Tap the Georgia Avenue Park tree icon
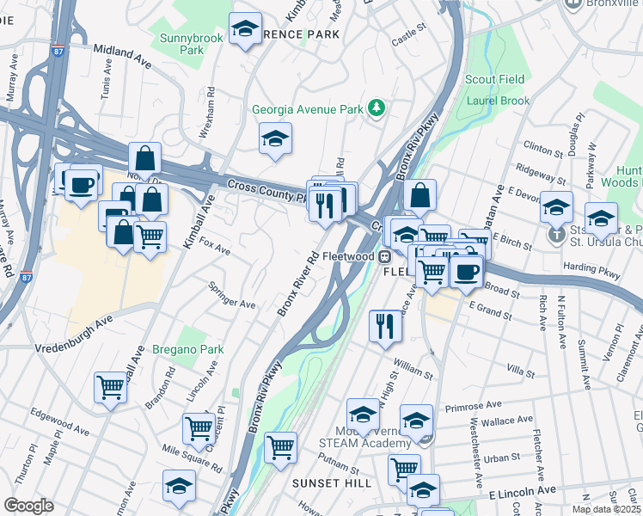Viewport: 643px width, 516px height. click(x=376, y=108)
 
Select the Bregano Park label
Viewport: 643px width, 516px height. click(x=187, y=349)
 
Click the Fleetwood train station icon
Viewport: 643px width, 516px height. click(x=386, y=255)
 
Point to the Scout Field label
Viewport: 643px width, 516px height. click(x=495, y=80)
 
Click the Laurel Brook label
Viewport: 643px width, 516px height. click(x=498, y=101)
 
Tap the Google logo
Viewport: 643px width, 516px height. click(x=28, y=506)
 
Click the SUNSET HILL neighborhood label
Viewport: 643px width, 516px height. click(x=331, y=483)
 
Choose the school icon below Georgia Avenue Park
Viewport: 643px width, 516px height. click(x=275, y=138)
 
